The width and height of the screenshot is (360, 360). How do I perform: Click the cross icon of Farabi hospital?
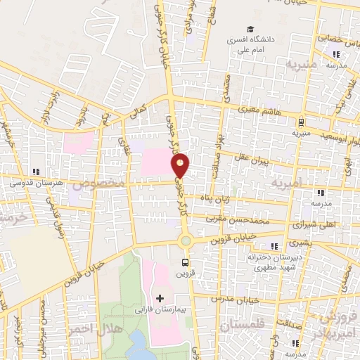coord(160,298)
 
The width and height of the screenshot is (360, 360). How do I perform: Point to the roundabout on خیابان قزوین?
coord(185,241)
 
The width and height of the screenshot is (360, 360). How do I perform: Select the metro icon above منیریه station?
coord(300,120)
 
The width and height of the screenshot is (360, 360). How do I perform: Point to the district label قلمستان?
coord(242,326)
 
